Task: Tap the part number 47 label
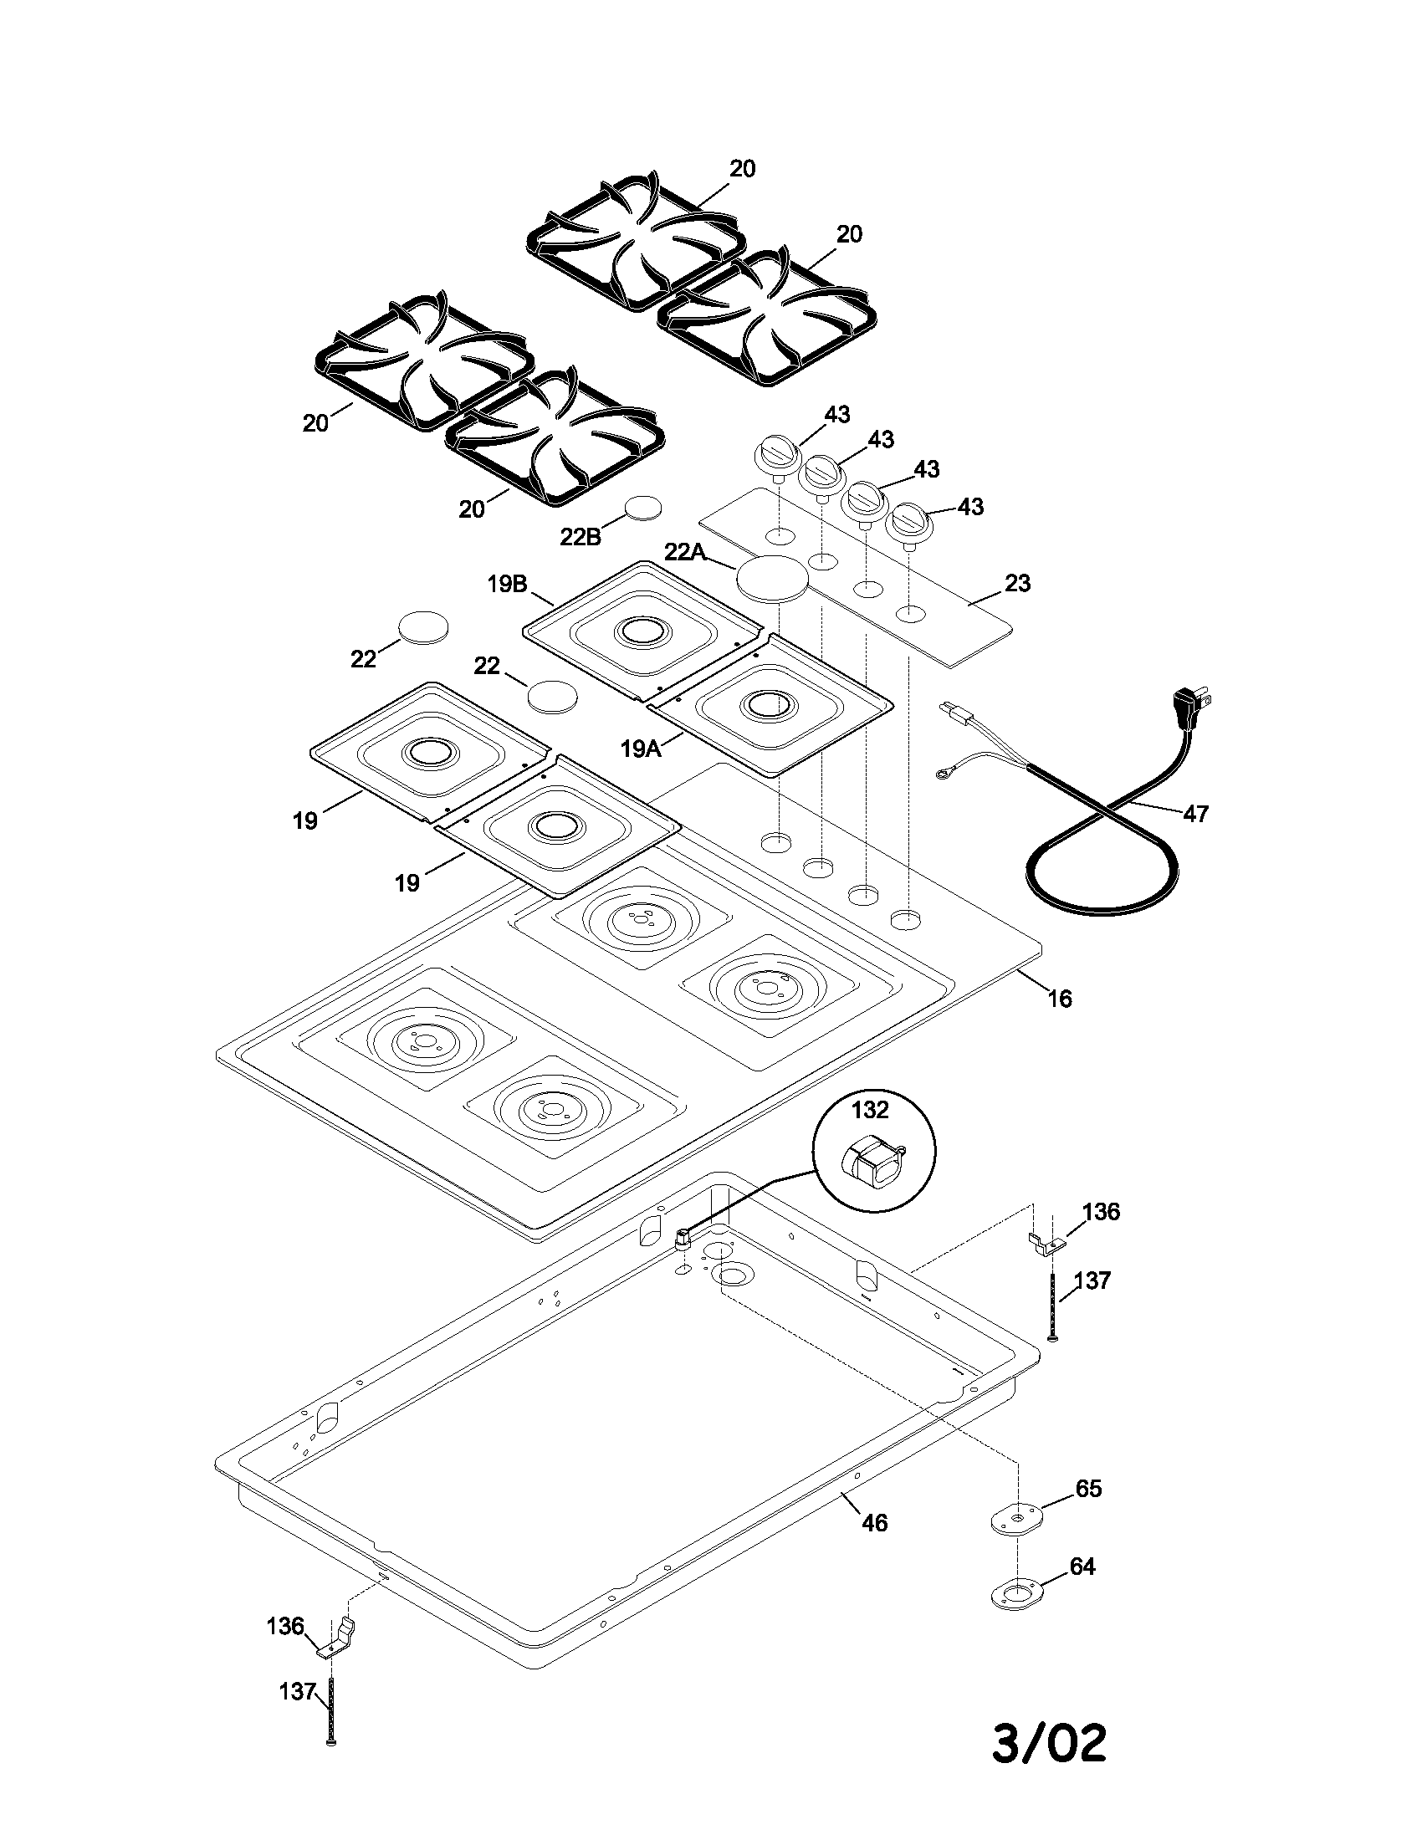[x=1195, y=813]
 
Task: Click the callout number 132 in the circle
[x=869, y=1111]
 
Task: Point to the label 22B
[x=581, y=537]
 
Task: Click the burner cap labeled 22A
[x=773, y=579]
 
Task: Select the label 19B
[x=507, y=584]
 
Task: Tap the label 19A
[x=641, y=747]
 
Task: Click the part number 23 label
[x=1018, y=583]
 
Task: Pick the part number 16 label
[x=1060, y=999]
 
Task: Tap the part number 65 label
[x=1088, y=1489]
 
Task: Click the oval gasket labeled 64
[x=1015, y=1594]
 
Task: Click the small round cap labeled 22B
[x=643, y=509]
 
